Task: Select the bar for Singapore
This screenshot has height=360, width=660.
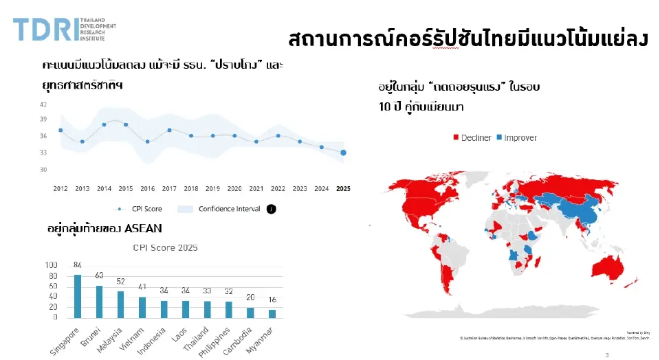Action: pos(78,296)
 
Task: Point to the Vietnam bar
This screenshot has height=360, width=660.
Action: pos(142,307)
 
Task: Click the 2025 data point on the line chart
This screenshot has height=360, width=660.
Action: pos(343,153)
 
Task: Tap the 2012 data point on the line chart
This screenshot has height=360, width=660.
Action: pos(60,130)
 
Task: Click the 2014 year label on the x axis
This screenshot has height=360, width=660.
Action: pos(104,188)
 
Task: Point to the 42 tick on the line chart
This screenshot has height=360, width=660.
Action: pos(43,104)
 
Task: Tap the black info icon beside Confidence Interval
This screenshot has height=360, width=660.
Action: pos(271,209)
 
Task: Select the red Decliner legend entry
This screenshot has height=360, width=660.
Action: pos(472,138)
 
